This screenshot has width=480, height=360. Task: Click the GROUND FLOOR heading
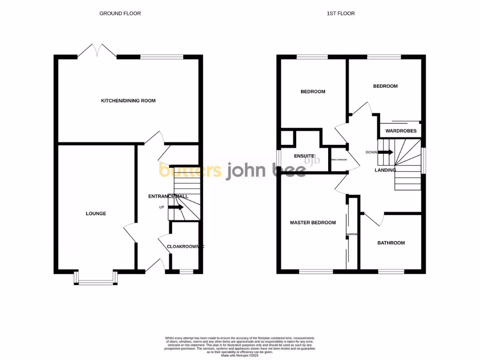[120, 14]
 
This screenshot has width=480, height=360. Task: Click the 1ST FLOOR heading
[341, 14]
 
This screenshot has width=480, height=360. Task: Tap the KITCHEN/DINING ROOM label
[128, 101]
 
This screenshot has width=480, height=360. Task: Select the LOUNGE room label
[96, 214]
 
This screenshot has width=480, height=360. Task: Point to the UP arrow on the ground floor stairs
[176, 207]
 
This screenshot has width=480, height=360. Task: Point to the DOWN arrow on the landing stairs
[386, 152]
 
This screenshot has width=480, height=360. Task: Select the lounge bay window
[96, 280]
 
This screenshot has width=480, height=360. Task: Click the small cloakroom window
[186, 271]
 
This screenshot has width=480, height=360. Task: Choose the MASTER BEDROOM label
[313, 223]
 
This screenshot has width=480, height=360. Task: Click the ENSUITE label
[304, 156]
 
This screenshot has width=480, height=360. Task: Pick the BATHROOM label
[391, 243]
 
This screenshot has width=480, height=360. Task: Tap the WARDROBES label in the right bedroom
[401, 131]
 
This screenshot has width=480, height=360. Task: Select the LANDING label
[385, 170]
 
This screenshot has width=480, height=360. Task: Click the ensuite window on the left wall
[278, 157]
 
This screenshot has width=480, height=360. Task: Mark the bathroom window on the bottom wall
[391, 271]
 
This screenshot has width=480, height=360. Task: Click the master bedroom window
[316, 271]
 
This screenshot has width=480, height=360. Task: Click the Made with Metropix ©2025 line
[240, 356]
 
